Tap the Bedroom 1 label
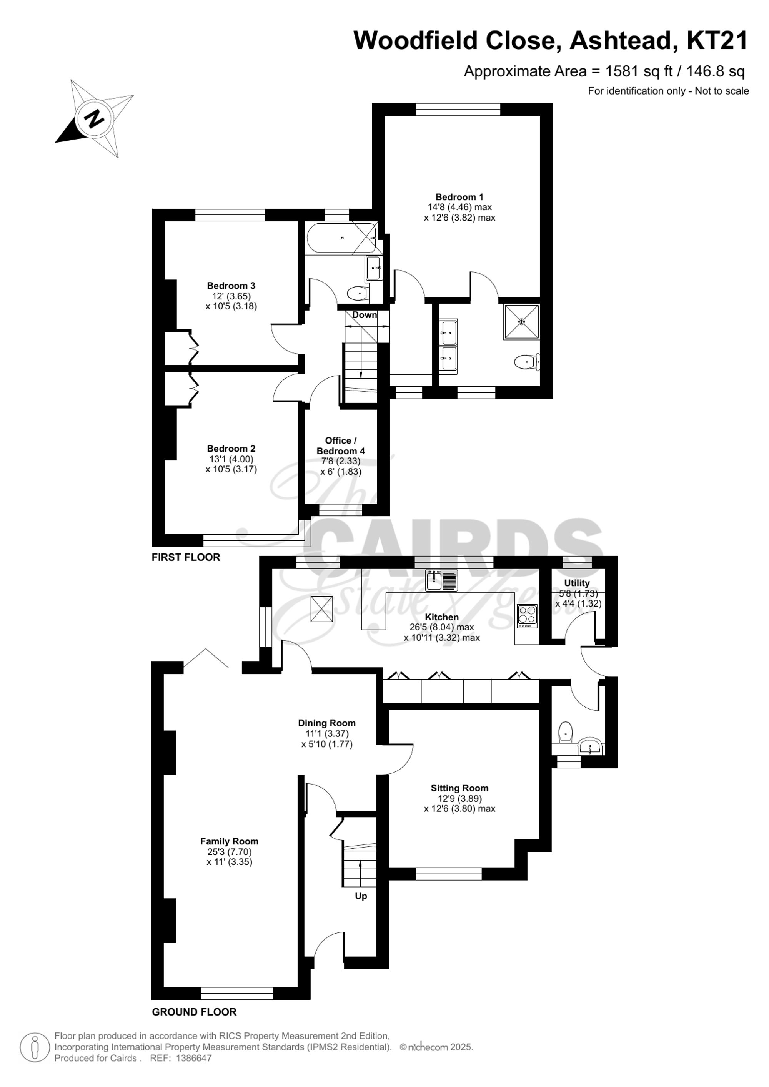(459, 197)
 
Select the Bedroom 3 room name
(231, 286)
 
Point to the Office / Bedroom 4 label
(340, 445)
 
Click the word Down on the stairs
(364, 315)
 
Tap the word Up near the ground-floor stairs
(361, 896)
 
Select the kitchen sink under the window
(441, 580)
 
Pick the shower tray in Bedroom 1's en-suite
(522, 322)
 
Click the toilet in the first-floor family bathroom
(357, 294)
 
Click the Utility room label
(577, 583)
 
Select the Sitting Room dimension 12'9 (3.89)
(459, 798)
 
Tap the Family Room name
(229, 841)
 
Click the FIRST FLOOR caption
(186, 557)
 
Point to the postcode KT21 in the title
(717, 41)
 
